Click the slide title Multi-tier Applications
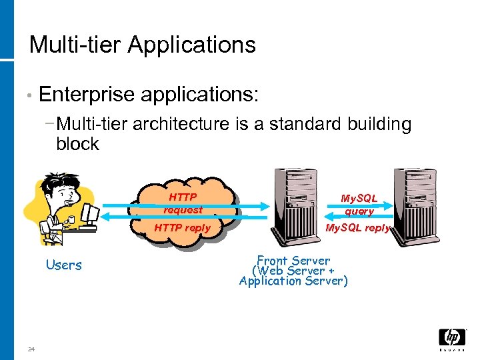point(143,45)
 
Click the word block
point(77,144)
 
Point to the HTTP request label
point(183,203)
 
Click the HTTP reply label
point(182,228)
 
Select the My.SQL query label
point(359,205)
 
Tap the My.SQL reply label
point(357,228)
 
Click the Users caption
point(64,265)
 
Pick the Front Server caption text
point(293,261)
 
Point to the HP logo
point(452,339)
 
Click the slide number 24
point(31,349)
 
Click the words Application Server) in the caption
point(293,281)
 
